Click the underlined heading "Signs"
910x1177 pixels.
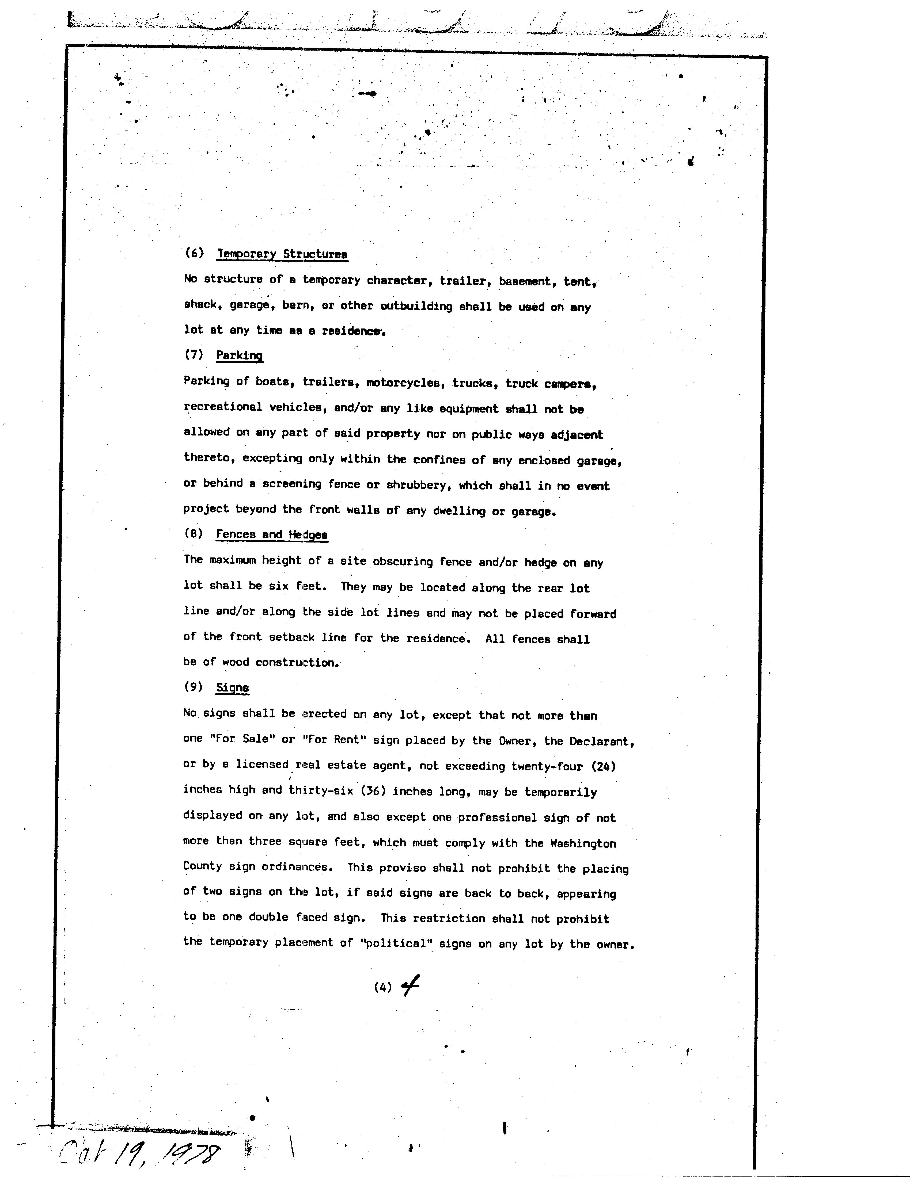pyautogui.click(x=232, y=688)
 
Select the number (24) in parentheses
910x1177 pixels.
pyautogui.click(x=604, y=766)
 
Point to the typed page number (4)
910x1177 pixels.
pyautogui.click(x=382, y=987)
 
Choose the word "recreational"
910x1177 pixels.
pyautogui.click(x=223, y=407)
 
